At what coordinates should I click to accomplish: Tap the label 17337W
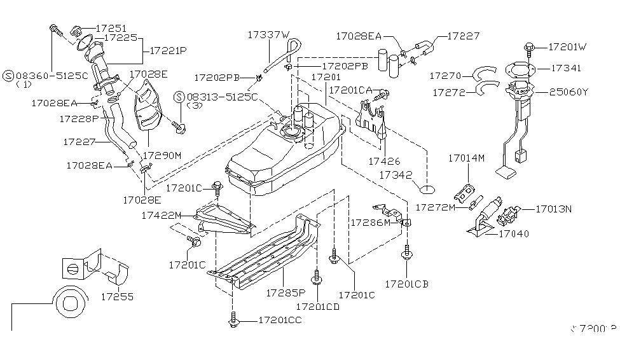click(268, 35)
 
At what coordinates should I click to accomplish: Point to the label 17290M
click(162, 155)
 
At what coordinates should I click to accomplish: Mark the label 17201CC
click(280, 320)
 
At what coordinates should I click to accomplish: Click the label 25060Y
click(569, 92)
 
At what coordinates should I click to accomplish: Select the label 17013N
click(553, 208)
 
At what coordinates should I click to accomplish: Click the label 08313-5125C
click(222, 97)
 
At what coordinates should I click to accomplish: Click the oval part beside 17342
click(427, 188)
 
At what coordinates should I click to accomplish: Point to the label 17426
click(383, 162)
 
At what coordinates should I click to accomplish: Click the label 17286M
click(371, 223)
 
